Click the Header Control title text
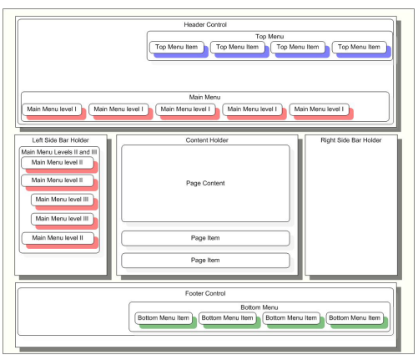tap(205, 24)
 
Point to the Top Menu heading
tap(269, 37)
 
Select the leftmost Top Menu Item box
tap(177, 47)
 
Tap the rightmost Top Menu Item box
tap(359, 47)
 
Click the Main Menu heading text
tap(204, 97)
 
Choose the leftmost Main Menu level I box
tap(52, 109)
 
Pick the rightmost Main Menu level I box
tap(319, 109)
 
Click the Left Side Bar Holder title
tap(60, 140)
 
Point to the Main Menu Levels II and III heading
tap(59, 152)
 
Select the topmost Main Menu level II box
tap(58, 163)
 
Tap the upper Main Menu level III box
tap(62, 200)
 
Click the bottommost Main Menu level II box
tap(58, 238)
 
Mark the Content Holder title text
tap(207, 140)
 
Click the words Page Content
tap(205, 183)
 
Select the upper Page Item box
tap(205, 238)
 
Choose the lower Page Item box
tap(205, 261)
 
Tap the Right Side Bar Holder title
tap(351, 140)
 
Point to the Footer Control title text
tap(205, 293)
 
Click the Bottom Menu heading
tap(259, 307)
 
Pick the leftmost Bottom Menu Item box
tap(164, 318)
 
